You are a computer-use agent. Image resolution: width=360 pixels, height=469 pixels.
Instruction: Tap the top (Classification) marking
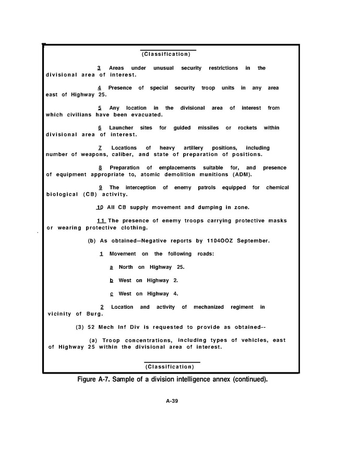[168, 54]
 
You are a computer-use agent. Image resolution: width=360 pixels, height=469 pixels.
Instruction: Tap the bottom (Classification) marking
[172, 366]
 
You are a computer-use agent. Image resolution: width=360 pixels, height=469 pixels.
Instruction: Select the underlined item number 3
[99, 68]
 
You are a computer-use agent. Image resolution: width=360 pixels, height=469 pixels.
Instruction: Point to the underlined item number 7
[99, 148]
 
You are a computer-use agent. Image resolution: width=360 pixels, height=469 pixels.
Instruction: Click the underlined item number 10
[100, 207]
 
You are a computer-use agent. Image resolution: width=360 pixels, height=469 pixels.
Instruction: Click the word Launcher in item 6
[121, 128]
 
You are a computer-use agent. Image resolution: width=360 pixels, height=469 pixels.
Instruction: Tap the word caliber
[123, 154]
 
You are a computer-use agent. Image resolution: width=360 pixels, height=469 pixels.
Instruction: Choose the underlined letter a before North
[111, 267]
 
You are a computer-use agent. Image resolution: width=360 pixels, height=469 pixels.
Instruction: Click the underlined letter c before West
[111, 294]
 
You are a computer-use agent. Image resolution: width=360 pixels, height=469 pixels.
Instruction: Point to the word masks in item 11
[277, 221]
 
